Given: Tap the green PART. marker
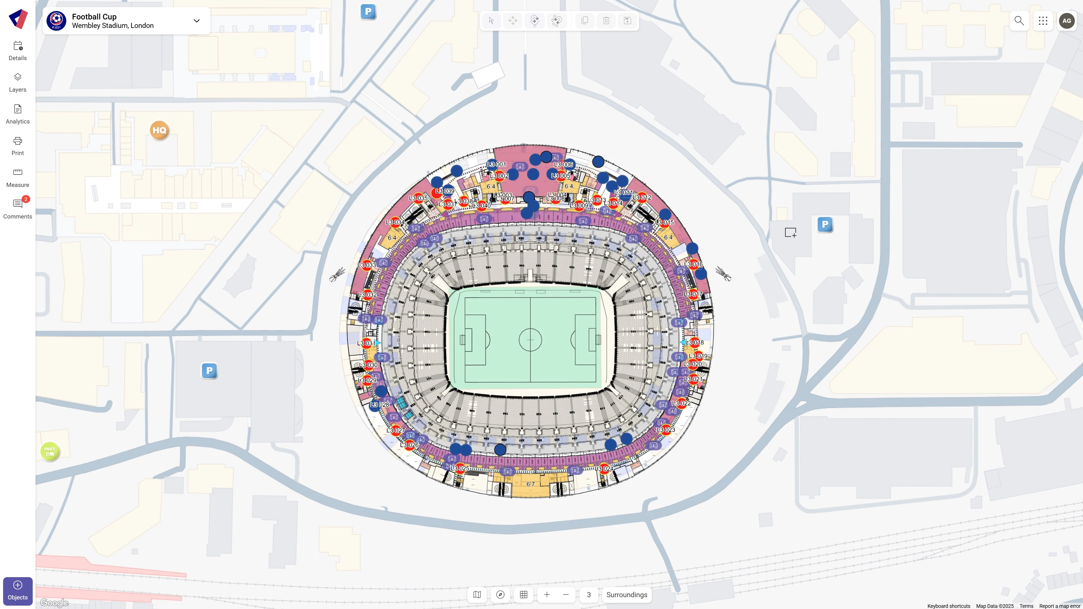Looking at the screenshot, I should coord(50,451).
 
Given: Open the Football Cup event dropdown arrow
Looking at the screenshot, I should coord(196,21).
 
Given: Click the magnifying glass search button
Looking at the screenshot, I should coord(1019,21).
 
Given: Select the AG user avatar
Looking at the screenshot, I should coord(1067,21).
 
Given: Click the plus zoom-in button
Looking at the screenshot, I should coord(547,595).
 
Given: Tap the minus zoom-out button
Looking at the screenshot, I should coord(566,595).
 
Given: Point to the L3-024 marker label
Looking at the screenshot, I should coord(604,468).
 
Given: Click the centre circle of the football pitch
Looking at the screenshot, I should coord(530,339).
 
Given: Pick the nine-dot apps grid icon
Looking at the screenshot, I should coord(1043,21).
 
